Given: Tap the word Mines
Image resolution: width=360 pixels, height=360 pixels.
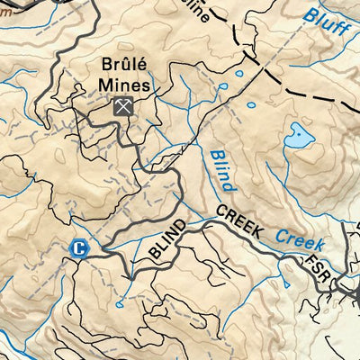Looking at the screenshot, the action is click(x=123, y=86).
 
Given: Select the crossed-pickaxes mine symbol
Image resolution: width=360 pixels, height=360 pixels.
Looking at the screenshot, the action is click(x=123, y=106).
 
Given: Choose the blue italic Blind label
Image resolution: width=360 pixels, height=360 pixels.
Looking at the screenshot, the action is click(x=222, y=170).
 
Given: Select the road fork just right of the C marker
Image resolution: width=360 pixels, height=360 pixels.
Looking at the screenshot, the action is click(x=99, y=249).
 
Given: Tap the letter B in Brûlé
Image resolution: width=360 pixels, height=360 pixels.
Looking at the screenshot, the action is click(x=105, y=67).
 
